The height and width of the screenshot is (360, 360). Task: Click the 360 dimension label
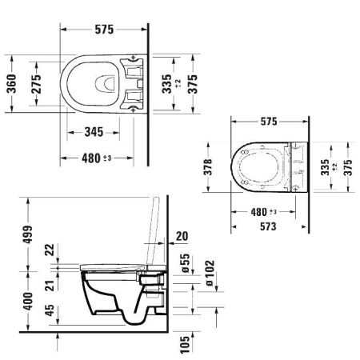11,84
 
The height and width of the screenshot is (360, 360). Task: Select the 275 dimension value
36,84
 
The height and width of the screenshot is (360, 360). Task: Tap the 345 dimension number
94,132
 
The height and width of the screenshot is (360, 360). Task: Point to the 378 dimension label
208,167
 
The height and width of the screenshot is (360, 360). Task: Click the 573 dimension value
268,226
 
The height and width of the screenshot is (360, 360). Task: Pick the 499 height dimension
28,234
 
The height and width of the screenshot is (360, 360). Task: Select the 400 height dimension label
28,301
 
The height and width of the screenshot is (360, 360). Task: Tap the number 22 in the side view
50,250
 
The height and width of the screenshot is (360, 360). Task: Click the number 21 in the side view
50,286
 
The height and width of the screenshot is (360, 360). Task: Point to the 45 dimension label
50,310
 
